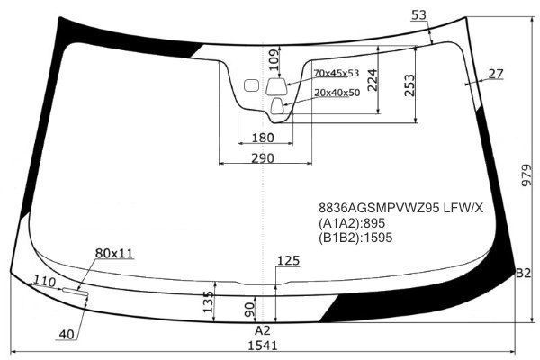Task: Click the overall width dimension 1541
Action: pos(263,346)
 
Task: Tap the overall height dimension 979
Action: pos(526,175)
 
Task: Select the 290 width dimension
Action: pos(263,158)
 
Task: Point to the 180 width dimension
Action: pos(263,138)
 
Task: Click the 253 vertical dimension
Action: pos(409,85)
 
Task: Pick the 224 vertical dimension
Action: pos(373,81)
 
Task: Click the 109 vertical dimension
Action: pos(274,60)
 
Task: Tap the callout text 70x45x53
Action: pos(336,73)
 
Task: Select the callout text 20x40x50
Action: pos(337,93)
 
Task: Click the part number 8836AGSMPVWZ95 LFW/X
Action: pos(400,208)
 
